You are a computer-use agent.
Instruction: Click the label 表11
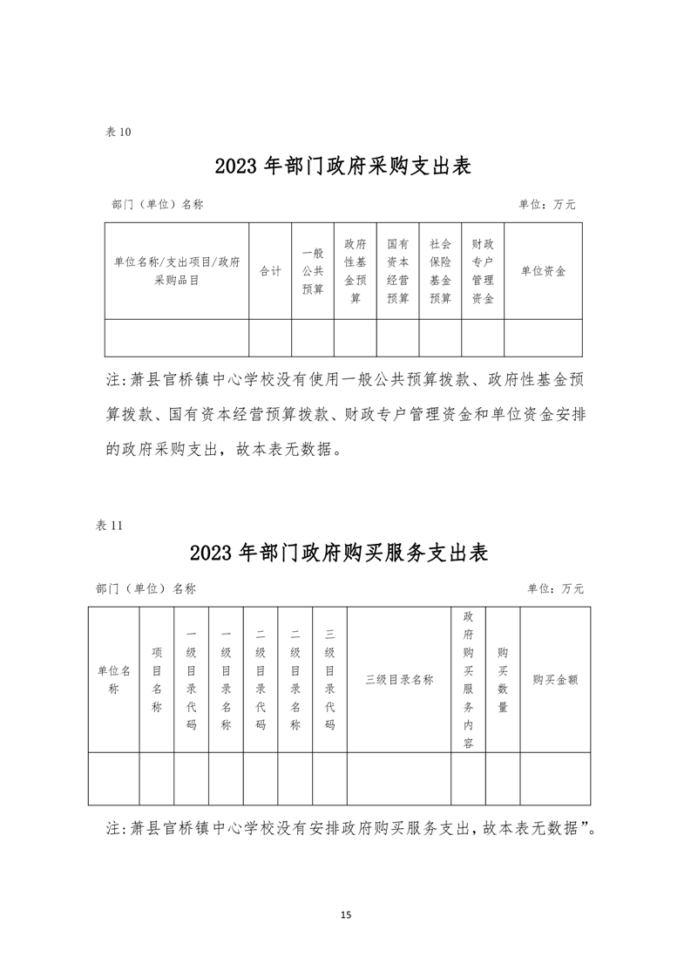(x=111, y=525)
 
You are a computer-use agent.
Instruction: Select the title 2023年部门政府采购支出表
(x=342, y=166)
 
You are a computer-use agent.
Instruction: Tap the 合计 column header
(x=270, y=271)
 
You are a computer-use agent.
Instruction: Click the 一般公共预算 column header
(x=313, y=271)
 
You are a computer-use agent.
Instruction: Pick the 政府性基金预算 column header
(x=356, y=271)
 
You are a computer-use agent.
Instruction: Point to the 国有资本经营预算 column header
(x=398, y=271)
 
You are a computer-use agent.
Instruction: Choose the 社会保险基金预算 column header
(x=441, y=271)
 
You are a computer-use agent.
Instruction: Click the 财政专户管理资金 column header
(x=483, y=271)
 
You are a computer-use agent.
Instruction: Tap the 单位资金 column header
(x=543, y=271)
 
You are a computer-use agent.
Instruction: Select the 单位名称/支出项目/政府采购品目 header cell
(x=177, y=271)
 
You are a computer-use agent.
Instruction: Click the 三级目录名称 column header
(x=399, y=680)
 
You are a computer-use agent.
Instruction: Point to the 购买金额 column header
(x=555, y=680)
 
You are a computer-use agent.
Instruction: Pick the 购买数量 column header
(x=503, y=680)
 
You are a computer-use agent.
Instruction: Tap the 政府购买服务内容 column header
(x=468, y=680)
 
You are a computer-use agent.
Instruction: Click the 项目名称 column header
(x=157, y=680)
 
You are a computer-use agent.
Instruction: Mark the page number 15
(x=346, y=914)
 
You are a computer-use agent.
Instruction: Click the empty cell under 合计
(x=270, y=337)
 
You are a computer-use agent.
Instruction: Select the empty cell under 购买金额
(x=555, y=778)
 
